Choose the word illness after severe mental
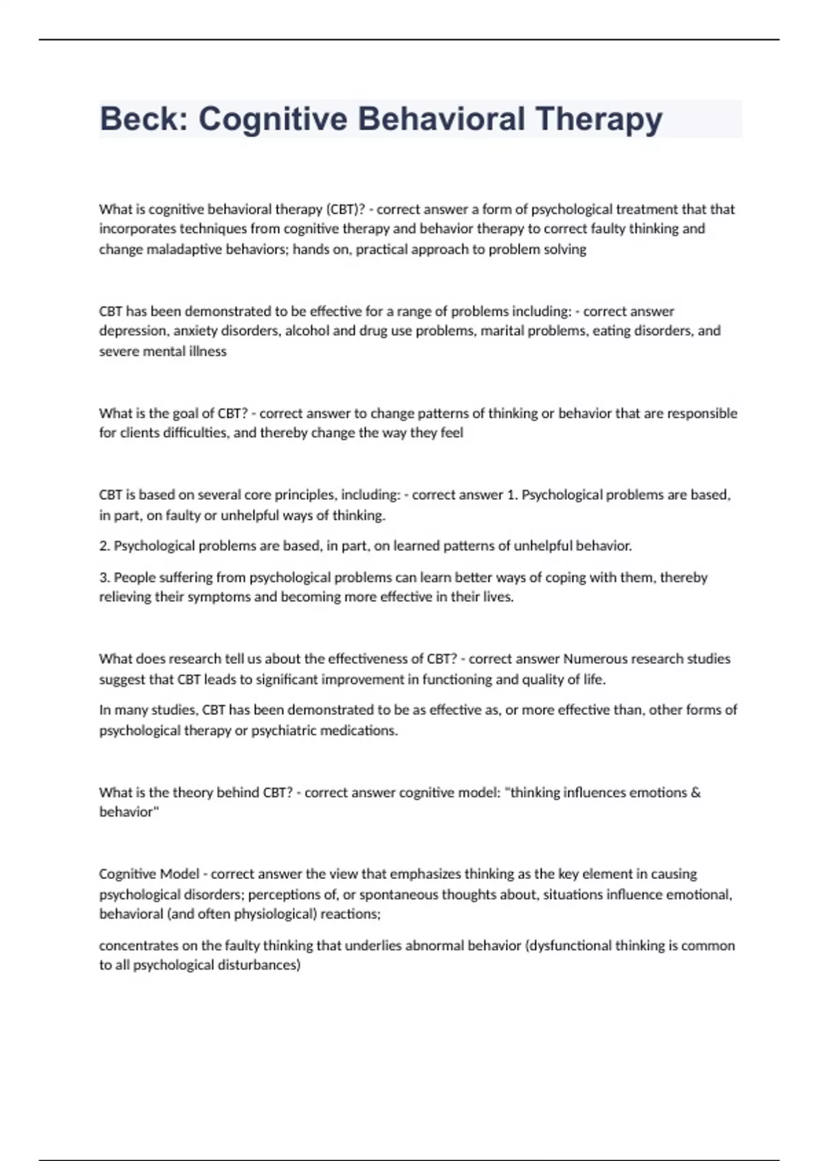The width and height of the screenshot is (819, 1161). coord(207,351)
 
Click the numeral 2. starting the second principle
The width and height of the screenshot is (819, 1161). coord(104,546)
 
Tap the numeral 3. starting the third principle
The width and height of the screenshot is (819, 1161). coord(104,577)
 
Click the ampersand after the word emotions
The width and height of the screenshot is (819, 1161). coord(695,792)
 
